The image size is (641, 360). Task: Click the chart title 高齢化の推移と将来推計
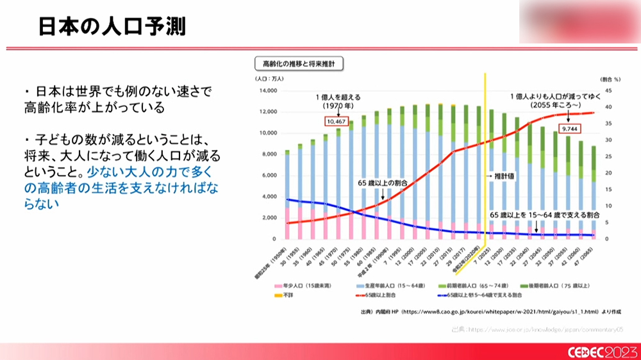click(299, 63)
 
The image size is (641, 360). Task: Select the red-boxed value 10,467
click(337, 120)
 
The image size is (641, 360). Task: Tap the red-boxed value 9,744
click(570, 129)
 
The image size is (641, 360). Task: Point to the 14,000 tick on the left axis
click(268, 91)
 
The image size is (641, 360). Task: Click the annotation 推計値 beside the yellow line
click(501, 175)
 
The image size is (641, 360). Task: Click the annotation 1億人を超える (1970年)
click(337, 101)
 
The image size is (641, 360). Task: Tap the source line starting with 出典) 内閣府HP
click(488, 313)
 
